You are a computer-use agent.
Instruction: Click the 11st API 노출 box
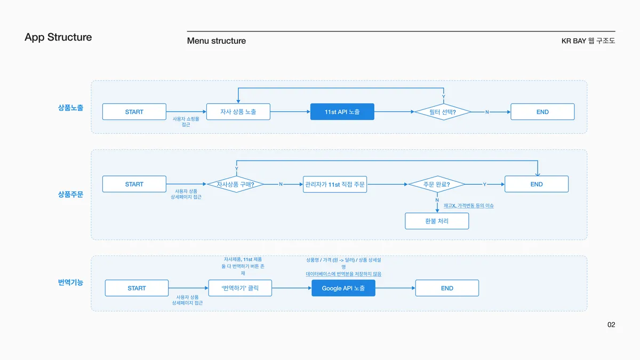[x=342, y=111]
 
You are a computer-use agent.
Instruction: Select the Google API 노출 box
[x=343, y=288]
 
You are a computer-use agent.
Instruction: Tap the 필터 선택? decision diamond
[x=443, y=112]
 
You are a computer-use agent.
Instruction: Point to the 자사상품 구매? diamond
[x=236, y=185]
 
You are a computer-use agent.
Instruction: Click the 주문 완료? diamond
[x=437, y=185]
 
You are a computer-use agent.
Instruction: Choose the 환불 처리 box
[x=437, y=221]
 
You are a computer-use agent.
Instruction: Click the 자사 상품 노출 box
[x=238, y=111]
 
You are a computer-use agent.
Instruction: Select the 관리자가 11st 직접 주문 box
[x=335, y=185]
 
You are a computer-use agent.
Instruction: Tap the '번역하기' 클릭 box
[x=240, y=288]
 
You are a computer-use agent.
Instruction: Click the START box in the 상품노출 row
[x=134, y=111]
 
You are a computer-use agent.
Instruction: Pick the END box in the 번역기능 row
[x=447, y=288]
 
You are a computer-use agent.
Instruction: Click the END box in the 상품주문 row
[x=537, y=184]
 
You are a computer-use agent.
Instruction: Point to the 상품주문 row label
[x=70, y=195]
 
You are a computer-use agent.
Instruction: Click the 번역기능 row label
[x=70, y=282]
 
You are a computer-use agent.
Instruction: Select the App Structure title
[x=58, y=37]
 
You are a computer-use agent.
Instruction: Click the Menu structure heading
[x=217, y=41]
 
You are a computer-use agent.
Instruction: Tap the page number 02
[x=611, y=325]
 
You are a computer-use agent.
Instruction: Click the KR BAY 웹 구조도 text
[x=588, y=41]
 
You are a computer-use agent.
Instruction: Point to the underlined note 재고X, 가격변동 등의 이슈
[x=469, y=206]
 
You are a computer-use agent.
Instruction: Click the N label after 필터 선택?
[x=487, y=112]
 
